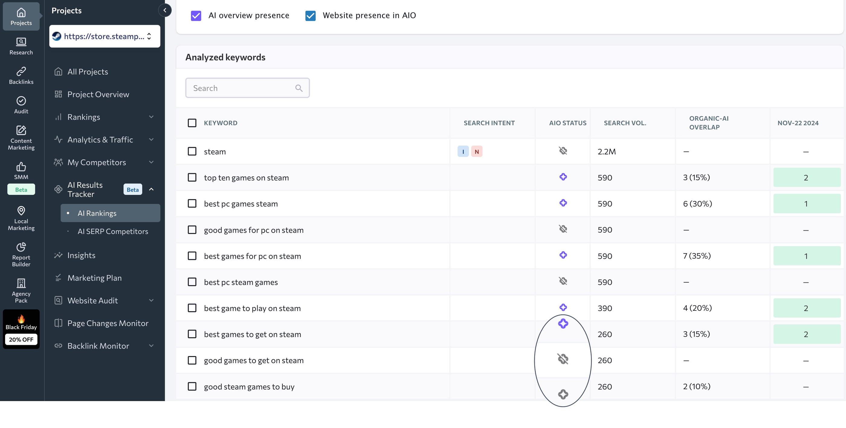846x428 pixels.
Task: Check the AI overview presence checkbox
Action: coord(196,15)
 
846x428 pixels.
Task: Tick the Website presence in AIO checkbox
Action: coord(310,15)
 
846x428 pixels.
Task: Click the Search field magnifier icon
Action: coord(299,88)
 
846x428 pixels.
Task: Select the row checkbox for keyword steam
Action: coord(192,151)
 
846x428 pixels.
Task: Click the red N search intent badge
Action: coord(476,151)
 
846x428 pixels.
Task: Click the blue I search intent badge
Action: coord(463,151)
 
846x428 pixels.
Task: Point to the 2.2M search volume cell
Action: coord(607,151)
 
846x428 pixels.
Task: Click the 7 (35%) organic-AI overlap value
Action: coord(696,256)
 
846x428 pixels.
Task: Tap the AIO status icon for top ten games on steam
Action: coord(563,177)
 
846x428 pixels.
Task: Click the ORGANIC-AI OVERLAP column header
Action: coord(709,122)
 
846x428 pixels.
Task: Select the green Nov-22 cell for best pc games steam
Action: coord(807,204)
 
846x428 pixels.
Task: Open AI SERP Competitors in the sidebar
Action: coord(113,231)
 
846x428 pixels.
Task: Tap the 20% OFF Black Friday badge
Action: coord(21,339)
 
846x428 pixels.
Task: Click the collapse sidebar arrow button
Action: coord(165,10)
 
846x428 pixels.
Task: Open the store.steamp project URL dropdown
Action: coord(105,36)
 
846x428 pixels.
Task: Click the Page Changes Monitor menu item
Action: coord(108,323)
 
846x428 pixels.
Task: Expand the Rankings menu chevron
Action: coord(151,117)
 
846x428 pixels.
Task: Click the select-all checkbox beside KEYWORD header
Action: coord(192,123)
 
